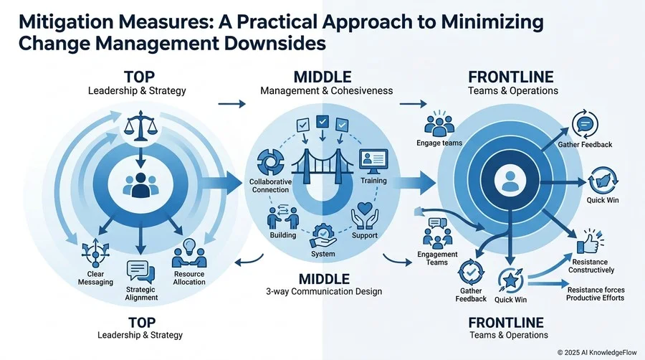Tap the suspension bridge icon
tap(322, 166)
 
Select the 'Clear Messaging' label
tap(95, 278)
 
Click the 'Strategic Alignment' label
tap(141, 293)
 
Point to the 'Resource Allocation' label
tap(189, 278)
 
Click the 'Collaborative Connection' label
tap(270, 186)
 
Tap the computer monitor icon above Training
tap(373, 161)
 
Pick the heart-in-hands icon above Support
tap(365, 215)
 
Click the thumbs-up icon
tap(590, 242)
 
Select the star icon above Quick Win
tap(510, 280)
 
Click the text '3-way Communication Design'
tap(324, 292)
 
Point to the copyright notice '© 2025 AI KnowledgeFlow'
tap(597, 353)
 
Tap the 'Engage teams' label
tap(439, 143)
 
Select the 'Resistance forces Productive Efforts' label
tap(596, 294)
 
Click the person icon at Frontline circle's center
tap(510, 181)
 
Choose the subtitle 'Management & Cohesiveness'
tap(327, 90)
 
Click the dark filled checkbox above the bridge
tap(322, 121)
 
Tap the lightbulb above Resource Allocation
tap(188, 247)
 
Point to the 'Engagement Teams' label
tap(437, 258)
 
